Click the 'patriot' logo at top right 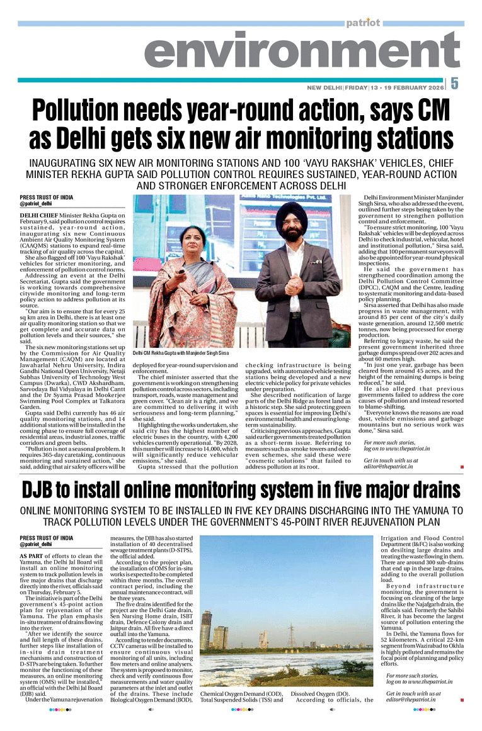pyautogui.click(x=363, y=23)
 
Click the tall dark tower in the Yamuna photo pyautogui.click(x=206, y=629)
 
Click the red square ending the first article pyautogui.click(x=462, y=467)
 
